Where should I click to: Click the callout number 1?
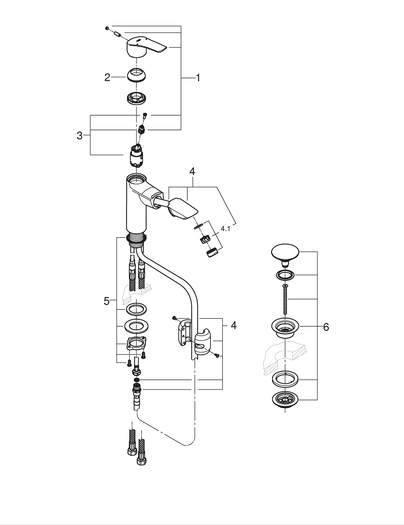[x=198, y=78]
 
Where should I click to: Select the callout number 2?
[x=107, y=78]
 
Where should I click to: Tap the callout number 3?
[x=80, y=135]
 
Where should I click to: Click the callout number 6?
[x=326, y=327]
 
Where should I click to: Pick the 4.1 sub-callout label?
[x=226, y=229]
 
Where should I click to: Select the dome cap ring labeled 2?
[x=137, y=76]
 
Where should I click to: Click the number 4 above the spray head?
[x=192, y=172]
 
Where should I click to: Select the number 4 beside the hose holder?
[x=233, y=326]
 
